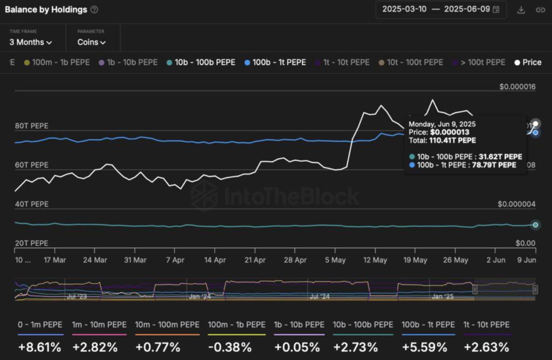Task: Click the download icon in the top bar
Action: (521, 10)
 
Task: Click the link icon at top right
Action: (540, 10)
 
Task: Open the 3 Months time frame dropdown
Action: (31, 42)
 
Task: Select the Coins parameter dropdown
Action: (92, 42)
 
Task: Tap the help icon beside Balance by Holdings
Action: (94, 10)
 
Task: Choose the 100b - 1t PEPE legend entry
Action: (275, 62)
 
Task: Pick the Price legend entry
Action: (528, 62)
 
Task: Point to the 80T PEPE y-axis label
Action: (32, 126)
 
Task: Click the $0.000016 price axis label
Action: (517, 86)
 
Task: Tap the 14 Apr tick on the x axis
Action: (214, 259)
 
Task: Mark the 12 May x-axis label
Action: (375, 259)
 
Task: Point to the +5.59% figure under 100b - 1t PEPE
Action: (428, 347)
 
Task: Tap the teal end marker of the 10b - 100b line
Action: (535, 225)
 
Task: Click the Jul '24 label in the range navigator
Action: (320, 296)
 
